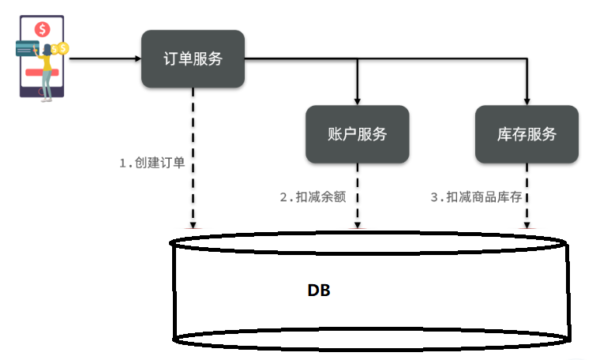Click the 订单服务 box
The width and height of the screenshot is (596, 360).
point(193,58)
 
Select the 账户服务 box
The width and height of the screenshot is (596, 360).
point(358,134)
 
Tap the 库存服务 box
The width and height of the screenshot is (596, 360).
point(527,134)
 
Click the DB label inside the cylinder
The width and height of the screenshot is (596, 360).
point(319,291)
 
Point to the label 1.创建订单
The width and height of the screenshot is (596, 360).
point(152,163)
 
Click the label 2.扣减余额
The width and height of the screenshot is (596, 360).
point(313,197)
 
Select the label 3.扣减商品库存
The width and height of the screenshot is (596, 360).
point(476,197)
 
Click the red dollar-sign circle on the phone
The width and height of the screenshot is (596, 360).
point(43,29)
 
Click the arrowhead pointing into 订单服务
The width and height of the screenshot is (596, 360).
point(136,58)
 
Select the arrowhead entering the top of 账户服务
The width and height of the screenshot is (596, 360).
point(358,101)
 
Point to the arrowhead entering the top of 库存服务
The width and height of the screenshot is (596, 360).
point(527,101)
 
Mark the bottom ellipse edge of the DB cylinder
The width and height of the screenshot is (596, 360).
point(369,339)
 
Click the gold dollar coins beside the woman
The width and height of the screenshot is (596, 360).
point(62,50)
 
